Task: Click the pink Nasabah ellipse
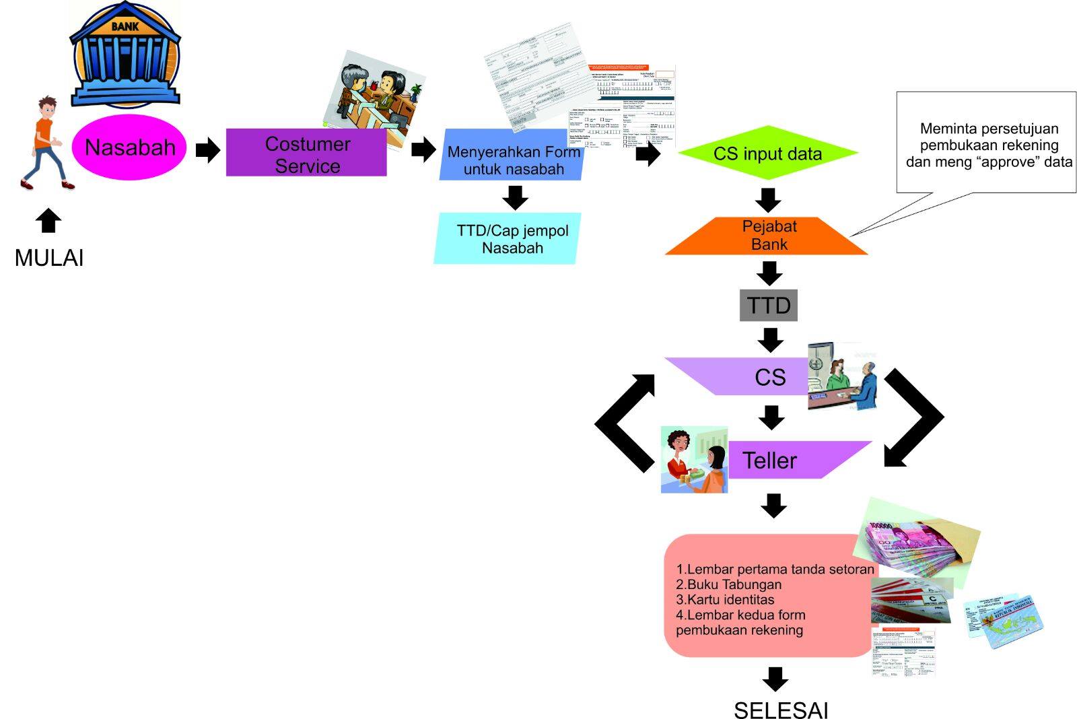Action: point(129,147)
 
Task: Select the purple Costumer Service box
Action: point(306,154)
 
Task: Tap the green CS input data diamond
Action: point(767,153)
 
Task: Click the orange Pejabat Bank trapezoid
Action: point(768,236)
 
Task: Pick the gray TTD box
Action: point(769,306)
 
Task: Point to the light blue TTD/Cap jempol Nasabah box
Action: point(509,239)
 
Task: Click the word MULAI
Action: point(49,258)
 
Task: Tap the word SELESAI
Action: point(781,710)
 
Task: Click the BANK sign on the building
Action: point(125,26)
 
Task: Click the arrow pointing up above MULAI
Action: point(48,220)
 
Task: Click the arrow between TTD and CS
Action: point(770,340)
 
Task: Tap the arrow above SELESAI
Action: point(775,679)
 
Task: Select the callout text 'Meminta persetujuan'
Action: point(989,129)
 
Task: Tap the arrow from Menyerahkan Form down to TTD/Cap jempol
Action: point(515,197)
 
